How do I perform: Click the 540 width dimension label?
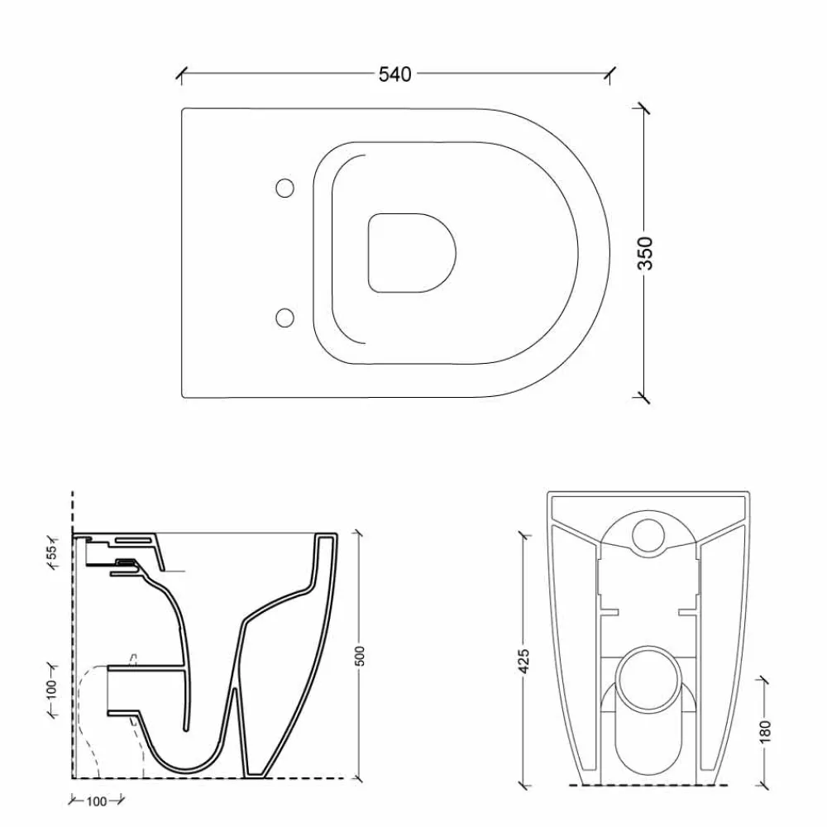[394, 74]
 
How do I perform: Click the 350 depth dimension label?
[646, 253]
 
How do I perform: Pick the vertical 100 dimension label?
[51, 689]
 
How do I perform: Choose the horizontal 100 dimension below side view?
[97, 801]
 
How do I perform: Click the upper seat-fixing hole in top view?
[284, 189]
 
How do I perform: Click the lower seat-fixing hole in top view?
[284, 317]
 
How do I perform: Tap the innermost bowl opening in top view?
[412, 251]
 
